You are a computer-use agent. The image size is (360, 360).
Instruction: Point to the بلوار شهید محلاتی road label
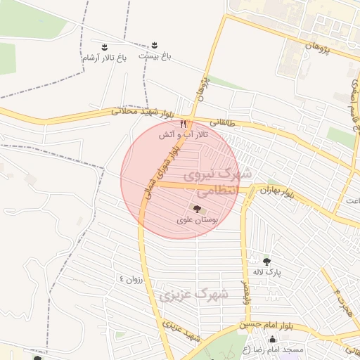pyautogui.click(x=141, y=112)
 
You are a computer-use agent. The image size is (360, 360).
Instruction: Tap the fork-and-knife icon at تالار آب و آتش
pyautogui.click(x=183, y=123)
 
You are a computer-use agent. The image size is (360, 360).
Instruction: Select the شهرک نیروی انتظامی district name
pyautogui.click(x=210, y=181)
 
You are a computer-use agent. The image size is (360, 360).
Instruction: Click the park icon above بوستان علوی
pyautogui.click(x=196, y=209)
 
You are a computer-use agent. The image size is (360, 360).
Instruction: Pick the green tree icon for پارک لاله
pyautogui.click(x=266, y=261)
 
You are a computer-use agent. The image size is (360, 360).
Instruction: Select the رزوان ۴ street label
pyautogui.click(x=130, y=278)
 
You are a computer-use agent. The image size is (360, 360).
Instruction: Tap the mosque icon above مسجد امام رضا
pyautogui.click(x=272, y=340)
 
